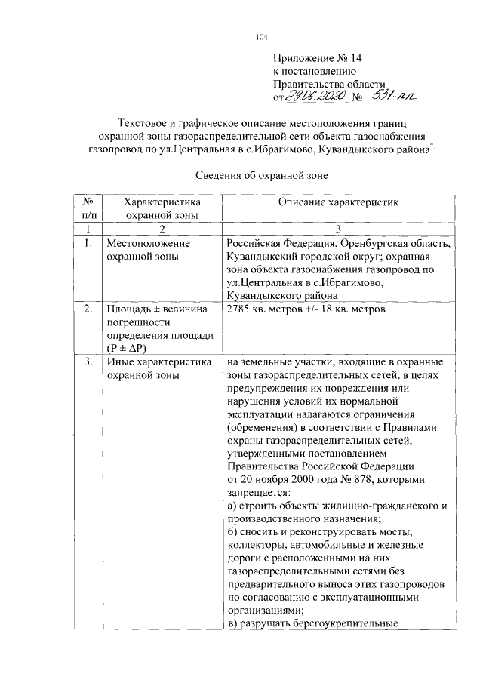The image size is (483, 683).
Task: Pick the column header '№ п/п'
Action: pyautogui.click(x=88, y=208)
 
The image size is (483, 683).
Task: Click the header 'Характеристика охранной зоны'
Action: pyautogui.click(x=162, y=208)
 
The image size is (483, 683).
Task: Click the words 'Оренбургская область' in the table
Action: pyautogui.click(x=397, y=244)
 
